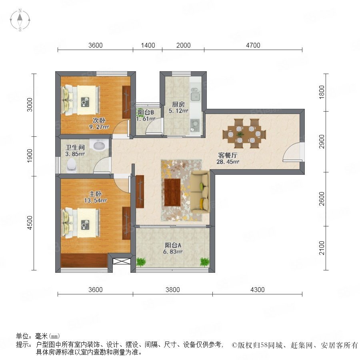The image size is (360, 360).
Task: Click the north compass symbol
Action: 20,20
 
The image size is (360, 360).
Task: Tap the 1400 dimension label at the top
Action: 148,45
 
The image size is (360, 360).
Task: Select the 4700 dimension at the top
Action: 253,45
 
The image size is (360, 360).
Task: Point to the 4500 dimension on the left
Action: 30,223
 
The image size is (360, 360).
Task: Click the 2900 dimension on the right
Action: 322,142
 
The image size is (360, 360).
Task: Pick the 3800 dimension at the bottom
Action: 173,290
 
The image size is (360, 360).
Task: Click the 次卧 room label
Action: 99,120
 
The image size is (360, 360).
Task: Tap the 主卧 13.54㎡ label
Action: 96,197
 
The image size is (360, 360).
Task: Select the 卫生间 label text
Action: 75,147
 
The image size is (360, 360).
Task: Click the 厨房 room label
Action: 178,104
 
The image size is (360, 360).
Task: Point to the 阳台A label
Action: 173,245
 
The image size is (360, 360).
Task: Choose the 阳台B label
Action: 146,112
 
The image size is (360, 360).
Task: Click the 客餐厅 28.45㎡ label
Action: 228,158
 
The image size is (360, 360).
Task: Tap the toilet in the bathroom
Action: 72,165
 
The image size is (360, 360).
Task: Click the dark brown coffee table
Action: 172,192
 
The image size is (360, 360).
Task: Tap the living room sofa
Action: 200,192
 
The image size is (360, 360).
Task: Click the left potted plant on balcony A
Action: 141,262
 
